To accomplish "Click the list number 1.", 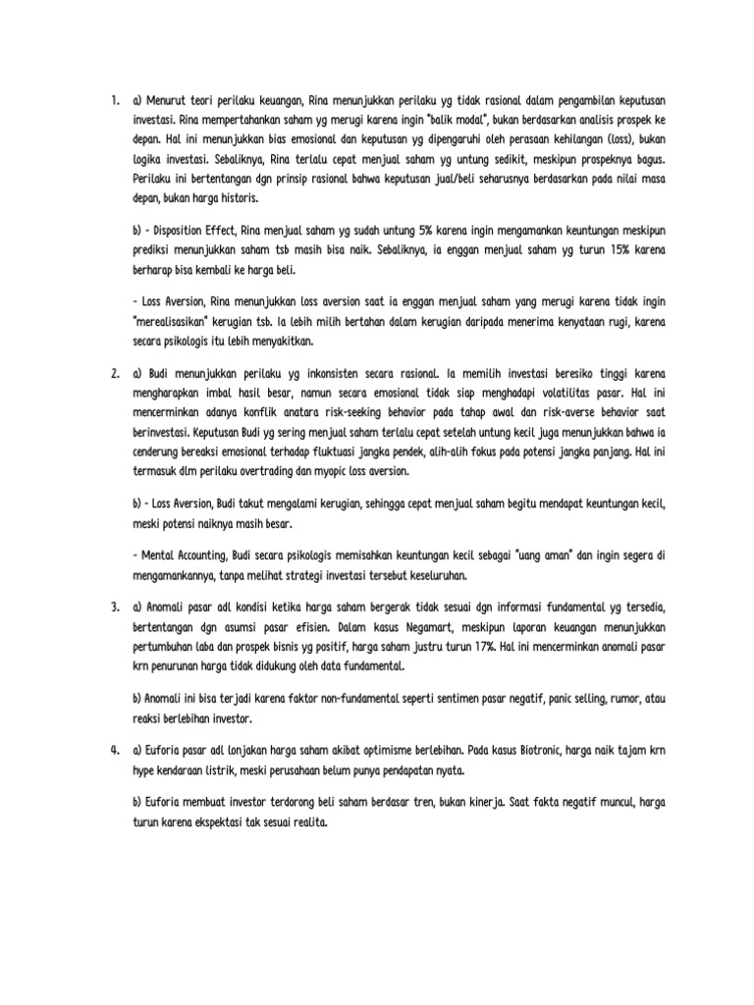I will [115, 100].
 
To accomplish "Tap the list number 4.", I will [115, 751].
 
